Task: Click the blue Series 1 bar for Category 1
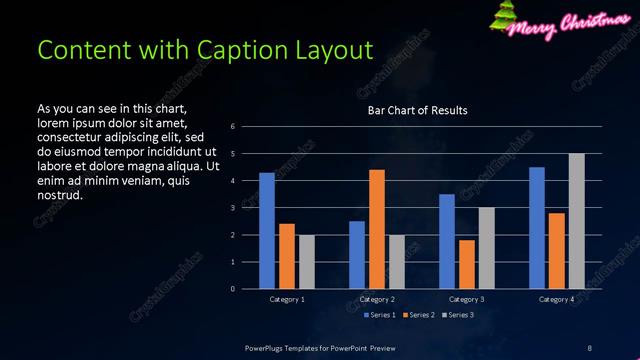click(267, 231)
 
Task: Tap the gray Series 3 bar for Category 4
click(576, 221)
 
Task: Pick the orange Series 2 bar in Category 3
click(467, 264)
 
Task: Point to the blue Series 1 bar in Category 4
click(537, 228)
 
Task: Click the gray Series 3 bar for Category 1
click(306, 262)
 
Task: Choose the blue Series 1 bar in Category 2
click(357, 255)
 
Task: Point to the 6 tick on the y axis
click(232, 127)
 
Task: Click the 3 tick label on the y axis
click(232, 208)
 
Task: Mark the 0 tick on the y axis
click(232, 289)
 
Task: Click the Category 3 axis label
click(467, 299)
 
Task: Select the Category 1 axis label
click(287, 299)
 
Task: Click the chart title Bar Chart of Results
click(418, 110)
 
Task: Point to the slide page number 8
click(588, 348)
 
